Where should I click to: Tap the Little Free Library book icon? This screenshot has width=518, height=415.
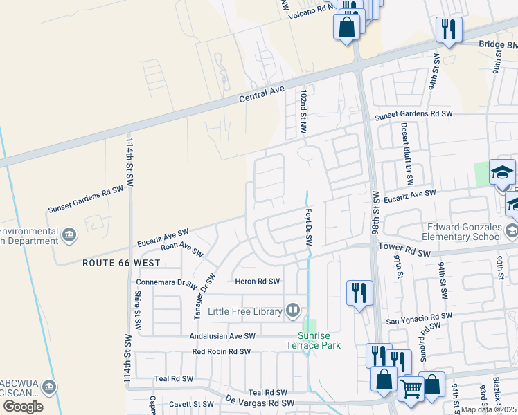[293, 311]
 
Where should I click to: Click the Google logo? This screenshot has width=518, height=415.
[22, 406]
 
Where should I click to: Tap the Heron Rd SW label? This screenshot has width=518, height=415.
[257, 282]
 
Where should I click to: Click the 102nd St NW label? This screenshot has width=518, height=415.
[303, 111]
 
